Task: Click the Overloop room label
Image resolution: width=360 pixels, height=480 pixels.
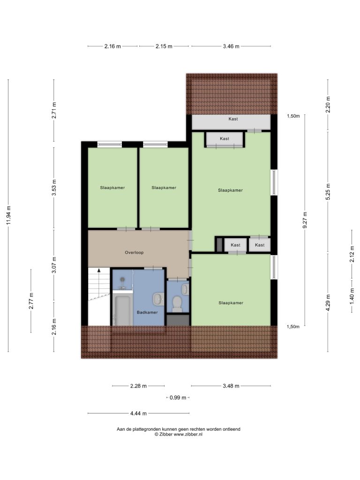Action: pos(134,253)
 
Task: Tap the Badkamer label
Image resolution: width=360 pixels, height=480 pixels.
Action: pos(147,312)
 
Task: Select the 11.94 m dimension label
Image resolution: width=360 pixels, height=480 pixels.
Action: pos(8,215)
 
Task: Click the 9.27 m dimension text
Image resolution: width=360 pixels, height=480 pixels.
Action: pos(305,220)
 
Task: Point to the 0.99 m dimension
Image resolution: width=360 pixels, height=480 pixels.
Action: pos(178,397)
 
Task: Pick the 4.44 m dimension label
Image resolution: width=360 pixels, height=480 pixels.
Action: pos(138,413)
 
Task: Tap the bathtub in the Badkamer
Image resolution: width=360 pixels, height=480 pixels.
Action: pos(122,310)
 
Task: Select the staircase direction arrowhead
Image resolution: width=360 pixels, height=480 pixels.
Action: pos(99,270)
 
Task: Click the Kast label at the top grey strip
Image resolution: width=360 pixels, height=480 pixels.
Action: pos(233,119)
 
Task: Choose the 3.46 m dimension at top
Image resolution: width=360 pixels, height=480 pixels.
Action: pos(231,46)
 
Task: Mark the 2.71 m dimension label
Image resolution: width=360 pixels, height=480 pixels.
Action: pos(54,110)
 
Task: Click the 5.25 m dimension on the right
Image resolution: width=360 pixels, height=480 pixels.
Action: pos(328,192)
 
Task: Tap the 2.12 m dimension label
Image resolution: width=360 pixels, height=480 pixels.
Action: pos(352,254)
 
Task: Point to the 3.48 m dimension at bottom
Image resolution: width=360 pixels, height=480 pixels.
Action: pos(231,386)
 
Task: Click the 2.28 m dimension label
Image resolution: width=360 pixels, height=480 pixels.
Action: pos(138,386)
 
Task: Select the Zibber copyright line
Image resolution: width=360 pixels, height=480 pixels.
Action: pos(179,434)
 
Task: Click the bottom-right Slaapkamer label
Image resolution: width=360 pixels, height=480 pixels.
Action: pos(231,303)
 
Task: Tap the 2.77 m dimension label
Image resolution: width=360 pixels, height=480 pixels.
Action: pos(31,301)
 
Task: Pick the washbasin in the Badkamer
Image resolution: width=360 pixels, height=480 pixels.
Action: pos(158,299)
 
